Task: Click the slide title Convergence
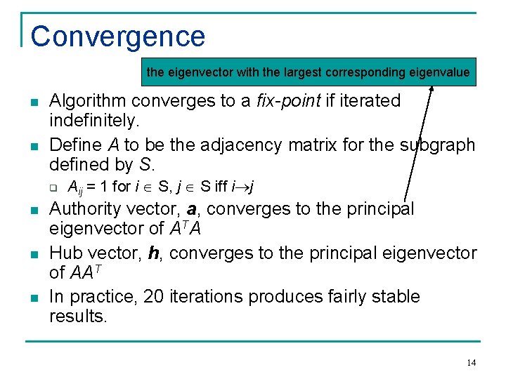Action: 117,36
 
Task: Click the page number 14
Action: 471,362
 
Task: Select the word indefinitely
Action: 94,121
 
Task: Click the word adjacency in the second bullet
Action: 238,145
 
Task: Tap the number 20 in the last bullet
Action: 153,297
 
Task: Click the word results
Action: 78,317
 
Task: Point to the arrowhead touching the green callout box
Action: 432,88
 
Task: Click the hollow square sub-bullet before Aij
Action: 52,187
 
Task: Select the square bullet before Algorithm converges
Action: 34,102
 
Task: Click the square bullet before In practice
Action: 34,298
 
